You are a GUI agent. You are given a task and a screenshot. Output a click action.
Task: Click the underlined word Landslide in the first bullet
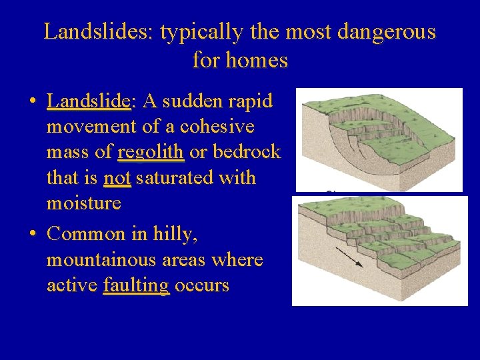point(88,101)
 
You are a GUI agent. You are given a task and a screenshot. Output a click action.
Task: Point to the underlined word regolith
point(151,152)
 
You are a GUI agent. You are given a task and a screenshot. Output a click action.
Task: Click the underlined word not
point(117,178)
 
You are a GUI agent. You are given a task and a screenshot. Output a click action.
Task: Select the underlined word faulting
point(136,285)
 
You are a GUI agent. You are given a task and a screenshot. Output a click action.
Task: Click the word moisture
point(83,203)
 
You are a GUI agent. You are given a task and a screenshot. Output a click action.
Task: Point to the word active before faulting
point(72,285)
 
